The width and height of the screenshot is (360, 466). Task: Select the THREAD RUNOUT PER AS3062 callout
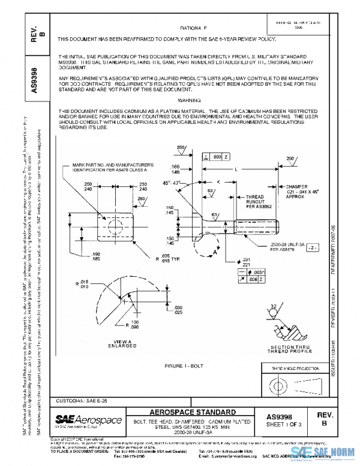(x=259, y=201)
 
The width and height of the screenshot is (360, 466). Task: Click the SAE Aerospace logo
(x=89, y=419)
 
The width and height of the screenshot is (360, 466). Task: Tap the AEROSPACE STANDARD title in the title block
(x=192, y=413)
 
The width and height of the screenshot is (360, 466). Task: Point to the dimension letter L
(x=236, y=171)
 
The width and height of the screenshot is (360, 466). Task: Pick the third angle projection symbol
(x=298, y=385)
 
